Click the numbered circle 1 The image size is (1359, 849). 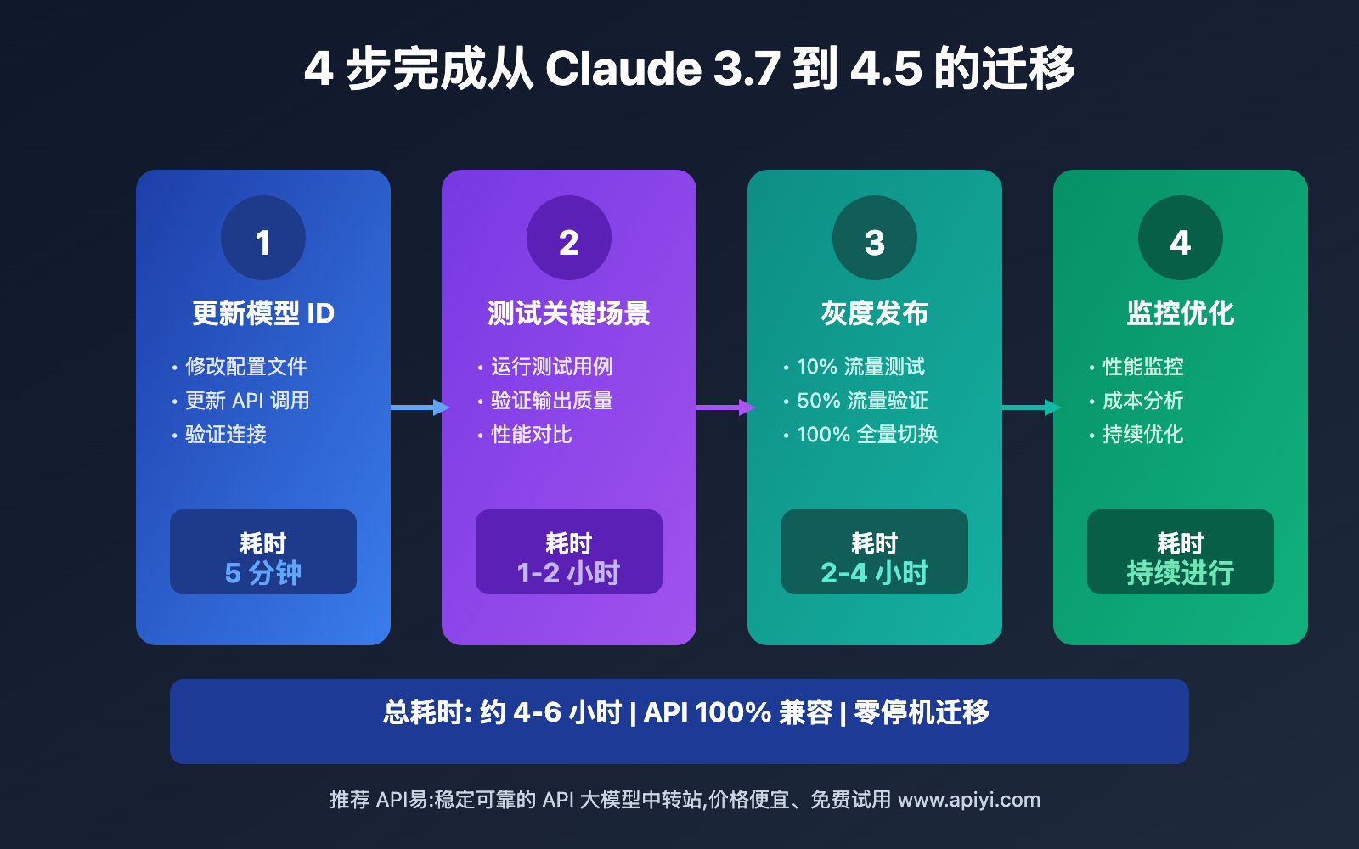tap(263, 238)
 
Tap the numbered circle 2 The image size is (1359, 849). tap(569, 238)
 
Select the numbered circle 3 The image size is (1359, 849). tap(875, 238)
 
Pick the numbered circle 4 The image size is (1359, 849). tap(1181, 238)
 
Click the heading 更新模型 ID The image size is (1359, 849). tap(263, 313)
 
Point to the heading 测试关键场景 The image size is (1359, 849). tap(569, 313)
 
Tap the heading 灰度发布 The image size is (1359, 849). tap(875, 313)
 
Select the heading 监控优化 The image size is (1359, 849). tap(1181, 313)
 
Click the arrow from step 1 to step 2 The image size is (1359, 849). tap(418, 408)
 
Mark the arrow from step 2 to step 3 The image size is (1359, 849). tap(724, 408)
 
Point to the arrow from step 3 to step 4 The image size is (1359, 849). tap(1029, 408)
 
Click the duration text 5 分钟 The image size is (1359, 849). tap(263, 573)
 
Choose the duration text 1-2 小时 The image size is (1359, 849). tap(569, 573)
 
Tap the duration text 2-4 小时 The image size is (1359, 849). tap(875, 573)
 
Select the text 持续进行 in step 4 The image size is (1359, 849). tap(1181, 573)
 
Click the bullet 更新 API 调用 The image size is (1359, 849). tap(247, 401)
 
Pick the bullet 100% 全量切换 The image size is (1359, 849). tap(867, 435)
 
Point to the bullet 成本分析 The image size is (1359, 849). tap(1142, 401)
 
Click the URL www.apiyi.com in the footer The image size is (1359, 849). tap(969, 800)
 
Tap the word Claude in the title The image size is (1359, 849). tap(623, 68)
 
